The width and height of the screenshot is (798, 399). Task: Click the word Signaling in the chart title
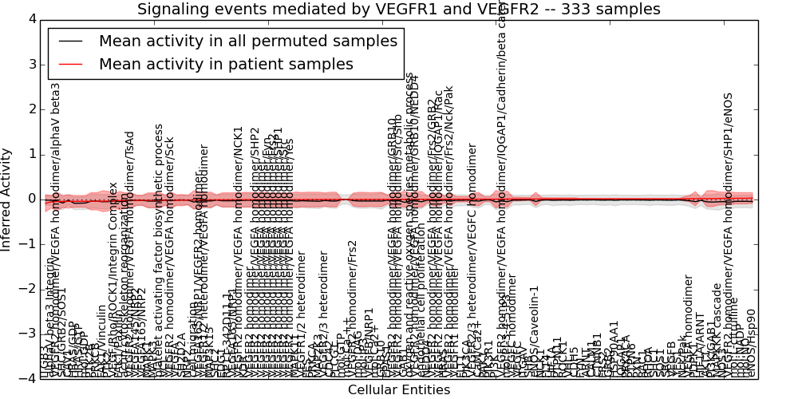170,10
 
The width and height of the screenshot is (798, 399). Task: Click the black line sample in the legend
73,41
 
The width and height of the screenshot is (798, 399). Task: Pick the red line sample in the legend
73,65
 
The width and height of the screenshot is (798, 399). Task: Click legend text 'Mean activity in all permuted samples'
247,41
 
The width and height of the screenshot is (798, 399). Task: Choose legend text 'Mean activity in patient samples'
226,65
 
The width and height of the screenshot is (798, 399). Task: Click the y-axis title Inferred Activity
7,199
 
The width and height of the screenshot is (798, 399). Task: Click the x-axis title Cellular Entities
398,390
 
